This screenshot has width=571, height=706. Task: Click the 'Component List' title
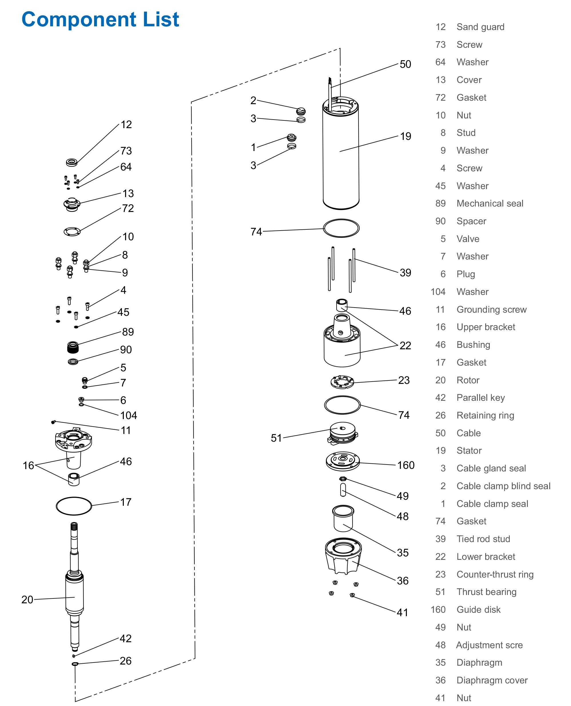click(x=100, y=19)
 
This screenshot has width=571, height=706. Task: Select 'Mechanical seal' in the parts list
click(x=490, y=203)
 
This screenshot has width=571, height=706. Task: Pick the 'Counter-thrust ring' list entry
click(x=495, y=574)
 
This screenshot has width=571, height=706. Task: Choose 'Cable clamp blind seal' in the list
click(x=503, y=486)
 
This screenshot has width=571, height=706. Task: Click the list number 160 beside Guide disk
click(x=438, y=610)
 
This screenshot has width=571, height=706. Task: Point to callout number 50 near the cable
click(x=405, y=64)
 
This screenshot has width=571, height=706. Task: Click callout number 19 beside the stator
click(x=405, y=136)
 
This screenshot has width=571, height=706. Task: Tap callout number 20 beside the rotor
click(x=27, y=599)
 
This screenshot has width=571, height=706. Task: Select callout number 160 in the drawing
click(x=405, y=465)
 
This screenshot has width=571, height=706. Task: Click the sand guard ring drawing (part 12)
click(x=72, y=162)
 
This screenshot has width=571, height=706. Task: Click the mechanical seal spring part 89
click(x=73, y=347)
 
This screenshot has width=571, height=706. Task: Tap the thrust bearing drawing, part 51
click(x=343, y=433)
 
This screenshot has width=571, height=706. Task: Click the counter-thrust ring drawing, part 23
click(x=342, y=382)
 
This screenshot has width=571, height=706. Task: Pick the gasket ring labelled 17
click(x=74, y=506)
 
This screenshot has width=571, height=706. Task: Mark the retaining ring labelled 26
click(x=75, y=664)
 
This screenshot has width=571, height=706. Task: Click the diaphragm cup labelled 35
click(x=343, y=518)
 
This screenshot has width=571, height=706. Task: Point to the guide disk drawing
click(x=343, y=460)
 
